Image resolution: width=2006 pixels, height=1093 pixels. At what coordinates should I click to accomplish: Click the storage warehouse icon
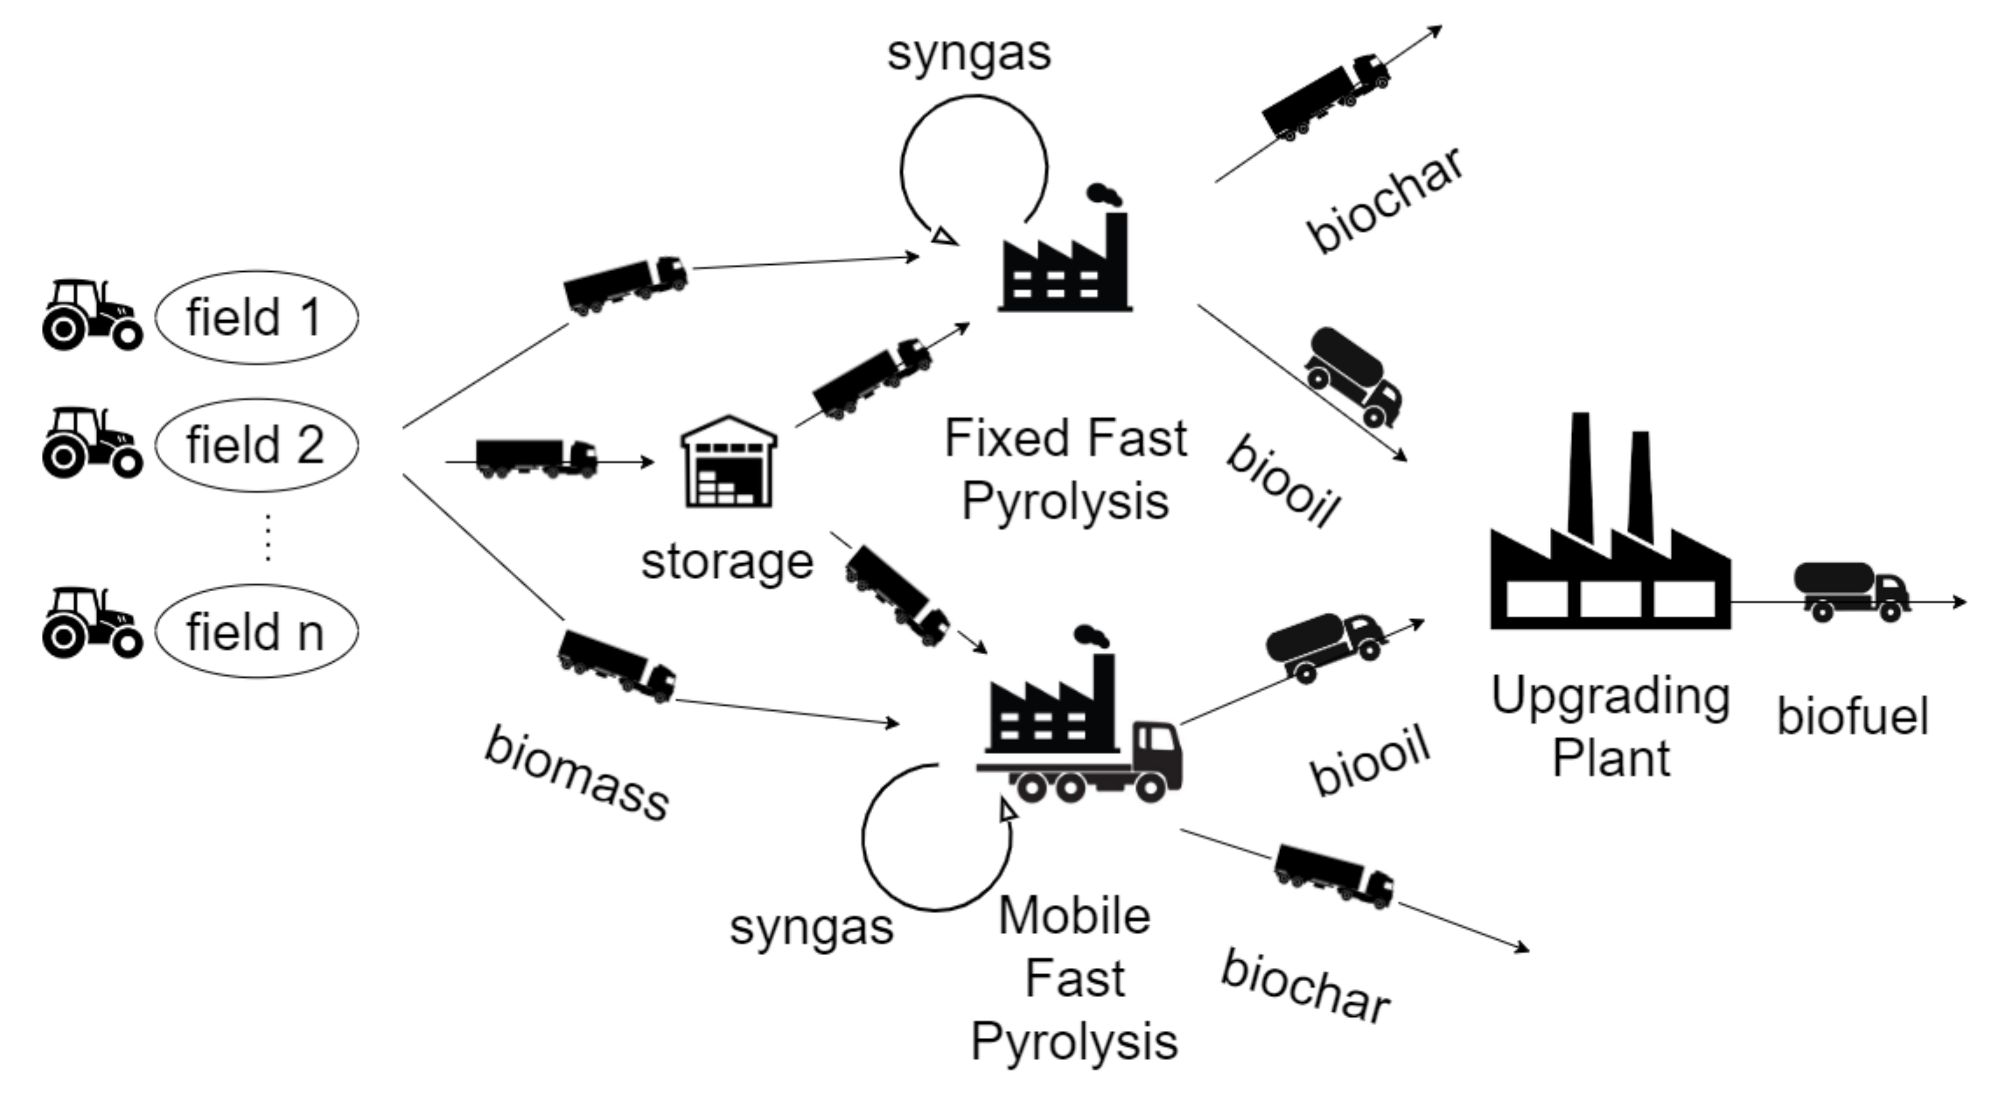point(729,462)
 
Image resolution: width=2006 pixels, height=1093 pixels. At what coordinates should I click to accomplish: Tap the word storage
point(727,562)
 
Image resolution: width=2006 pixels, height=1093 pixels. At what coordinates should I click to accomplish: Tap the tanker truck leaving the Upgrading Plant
point(1851,592)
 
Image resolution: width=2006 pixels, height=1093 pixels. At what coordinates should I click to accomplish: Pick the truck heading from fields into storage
point(535,458)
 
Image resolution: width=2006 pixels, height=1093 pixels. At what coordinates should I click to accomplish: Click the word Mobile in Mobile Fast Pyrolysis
point(1074,916)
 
